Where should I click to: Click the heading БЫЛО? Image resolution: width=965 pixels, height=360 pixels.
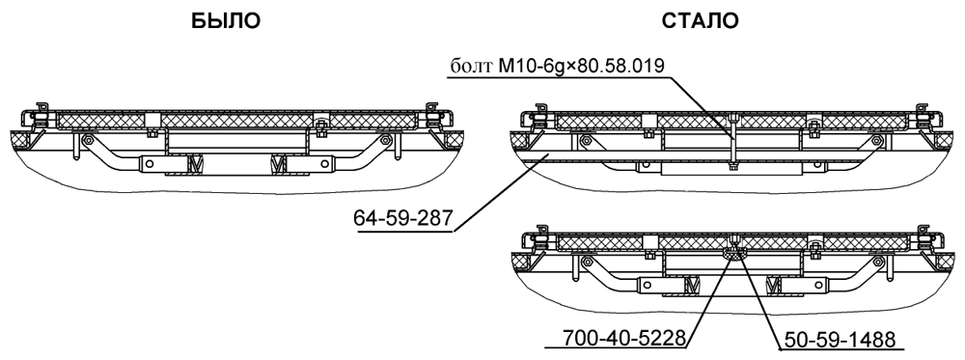click(226, 21)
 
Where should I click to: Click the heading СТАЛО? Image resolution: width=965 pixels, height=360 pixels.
click(701, 21)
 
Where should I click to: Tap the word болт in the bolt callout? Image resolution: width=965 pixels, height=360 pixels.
click(472, 67)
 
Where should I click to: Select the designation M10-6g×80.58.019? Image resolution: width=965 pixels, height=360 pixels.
click(582, 66)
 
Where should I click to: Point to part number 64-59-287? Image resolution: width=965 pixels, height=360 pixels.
click(403, 218)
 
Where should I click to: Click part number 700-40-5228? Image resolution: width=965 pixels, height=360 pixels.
click(624, 338)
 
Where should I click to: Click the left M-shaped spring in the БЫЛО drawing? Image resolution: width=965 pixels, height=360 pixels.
click(195, 164)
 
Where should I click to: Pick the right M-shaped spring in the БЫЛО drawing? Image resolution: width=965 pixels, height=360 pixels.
click(280, 164)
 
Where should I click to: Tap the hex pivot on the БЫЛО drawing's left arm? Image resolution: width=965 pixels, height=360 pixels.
click(88, 140)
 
